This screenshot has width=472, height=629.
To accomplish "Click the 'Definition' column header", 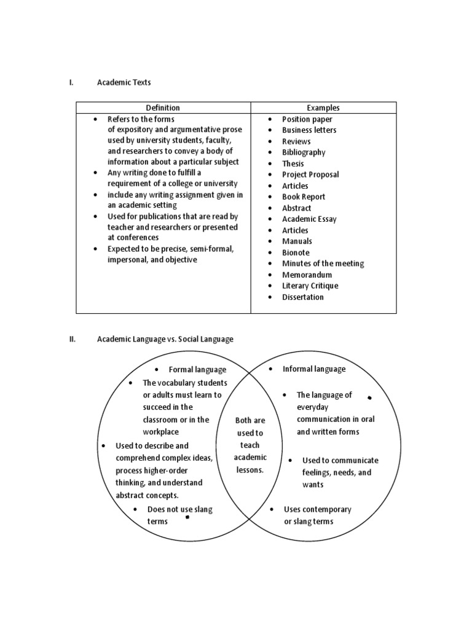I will click(x=163, y=107).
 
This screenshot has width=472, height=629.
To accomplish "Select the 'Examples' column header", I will click(x=323, y=107).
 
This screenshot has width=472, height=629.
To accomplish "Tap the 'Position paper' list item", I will click(x=307, y=119).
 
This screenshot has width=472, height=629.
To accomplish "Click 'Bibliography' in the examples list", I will click(x=304, y=152).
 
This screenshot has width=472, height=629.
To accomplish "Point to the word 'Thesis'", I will click(x=293, y=163).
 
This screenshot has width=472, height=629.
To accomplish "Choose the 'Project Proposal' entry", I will click(x=310, y=174).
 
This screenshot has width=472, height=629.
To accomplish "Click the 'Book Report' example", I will click(x=304, y=197).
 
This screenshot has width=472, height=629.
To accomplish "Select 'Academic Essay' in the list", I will click(x=309, y=219).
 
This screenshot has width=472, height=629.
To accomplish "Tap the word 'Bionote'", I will click(x=296, y=252).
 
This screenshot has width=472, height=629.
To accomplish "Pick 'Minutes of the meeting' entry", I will click(x=323, y=264).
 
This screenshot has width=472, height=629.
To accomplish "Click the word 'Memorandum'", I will click(x=307, y=275).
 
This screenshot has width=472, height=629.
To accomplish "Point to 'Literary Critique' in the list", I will click(x=310, y=286).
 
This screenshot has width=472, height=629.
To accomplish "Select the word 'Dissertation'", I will click(x=302, y=297).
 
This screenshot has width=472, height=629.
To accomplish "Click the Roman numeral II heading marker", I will click(x=72, y=339).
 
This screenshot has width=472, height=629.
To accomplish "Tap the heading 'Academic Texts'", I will click(x=124, y=82).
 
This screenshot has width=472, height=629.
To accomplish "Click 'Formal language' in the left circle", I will click(x=197, y=370).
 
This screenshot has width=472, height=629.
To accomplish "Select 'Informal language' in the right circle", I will click(x=313, y=369).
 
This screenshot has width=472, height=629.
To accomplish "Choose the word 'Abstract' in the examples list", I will click(x=296, y=208).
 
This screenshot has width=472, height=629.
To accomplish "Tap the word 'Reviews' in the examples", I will click(x=296, y=141).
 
